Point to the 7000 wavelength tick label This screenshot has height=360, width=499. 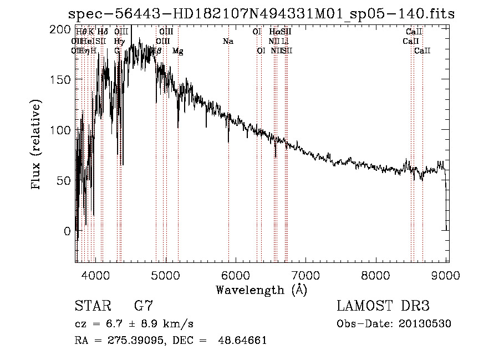point(306,275)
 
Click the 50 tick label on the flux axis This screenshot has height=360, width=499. point(64,180)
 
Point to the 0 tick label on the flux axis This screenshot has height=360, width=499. point(67,231)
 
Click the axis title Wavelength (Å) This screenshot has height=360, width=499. point(261,290)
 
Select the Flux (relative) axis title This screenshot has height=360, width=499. point(37,145)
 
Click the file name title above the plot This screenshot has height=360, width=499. point(261,14)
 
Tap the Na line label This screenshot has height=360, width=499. point(228,42)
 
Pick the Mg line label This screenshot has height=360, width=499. point(178,51)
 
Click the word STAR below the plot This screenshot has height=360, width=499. point(89,306)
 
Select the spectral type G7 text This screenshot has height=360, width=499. point(143,306)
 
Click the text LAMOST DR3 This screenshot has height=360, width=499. point(383,306)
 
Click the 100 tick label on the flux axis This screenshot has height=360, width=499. point(60,130)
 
